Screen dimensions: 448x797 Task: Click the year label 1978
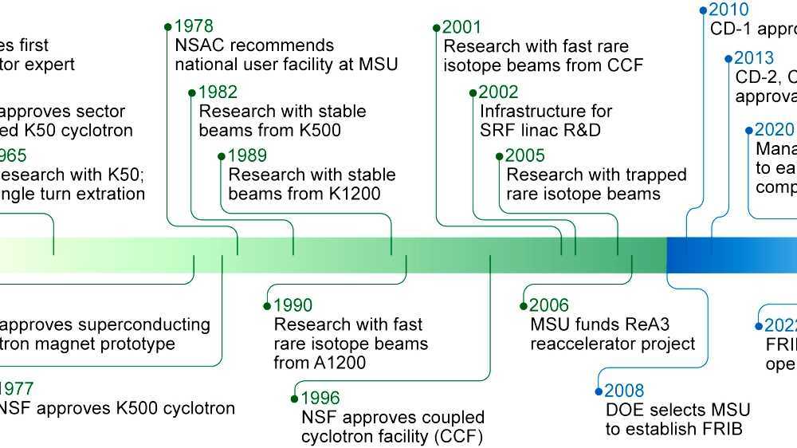(x=194, y=27)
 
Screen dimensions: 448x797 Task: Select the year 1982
(x=218, y=92)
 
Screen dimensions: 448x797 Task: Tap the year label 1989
(x=247, y=156)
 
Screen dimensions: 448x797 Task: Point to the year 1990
(x=292, y=305)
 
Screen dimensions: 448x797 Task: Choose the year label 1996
(x=320, y=398)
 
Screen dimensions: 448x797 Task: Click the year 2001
(x=463, y=27)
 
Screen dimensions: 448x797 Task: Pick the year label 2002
(x=499, y=92)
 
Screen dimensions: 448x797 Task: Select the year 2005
(x=526, y=156)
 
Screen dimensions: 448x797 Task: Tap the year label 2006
(x=550, y=305)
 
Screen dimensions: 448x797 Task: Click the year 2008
(x=624, y=391)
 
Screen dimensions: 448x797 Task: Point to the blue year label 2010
(x=729, y=10)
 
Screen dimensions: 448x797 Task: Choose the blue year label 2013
(x=754, y=58)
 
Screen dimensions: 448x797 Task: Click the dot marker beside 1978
(x=167, y=27)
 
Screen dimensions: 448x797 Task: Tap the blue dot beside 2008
(x=599, y=391)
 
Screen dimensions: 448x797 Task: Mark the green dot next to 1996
(x=295, y=398)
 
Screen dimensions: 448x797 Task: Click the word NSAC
(x=201, y=45)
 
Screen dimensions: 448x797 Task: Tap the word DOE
(x=623, y=411)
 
